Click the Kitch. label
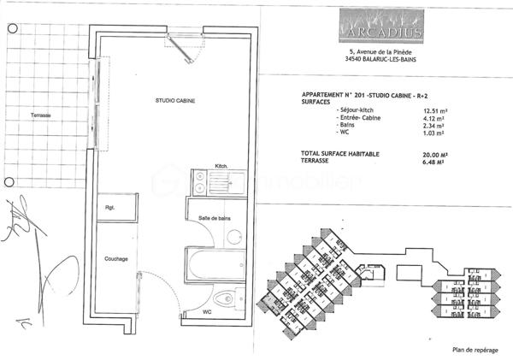pos(221,165)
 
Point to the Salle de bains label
pos(215,219)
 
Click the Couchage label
pos(116,258)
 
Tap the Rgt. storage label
pos(110,208)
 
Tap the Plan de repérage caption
pos(475,349)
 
